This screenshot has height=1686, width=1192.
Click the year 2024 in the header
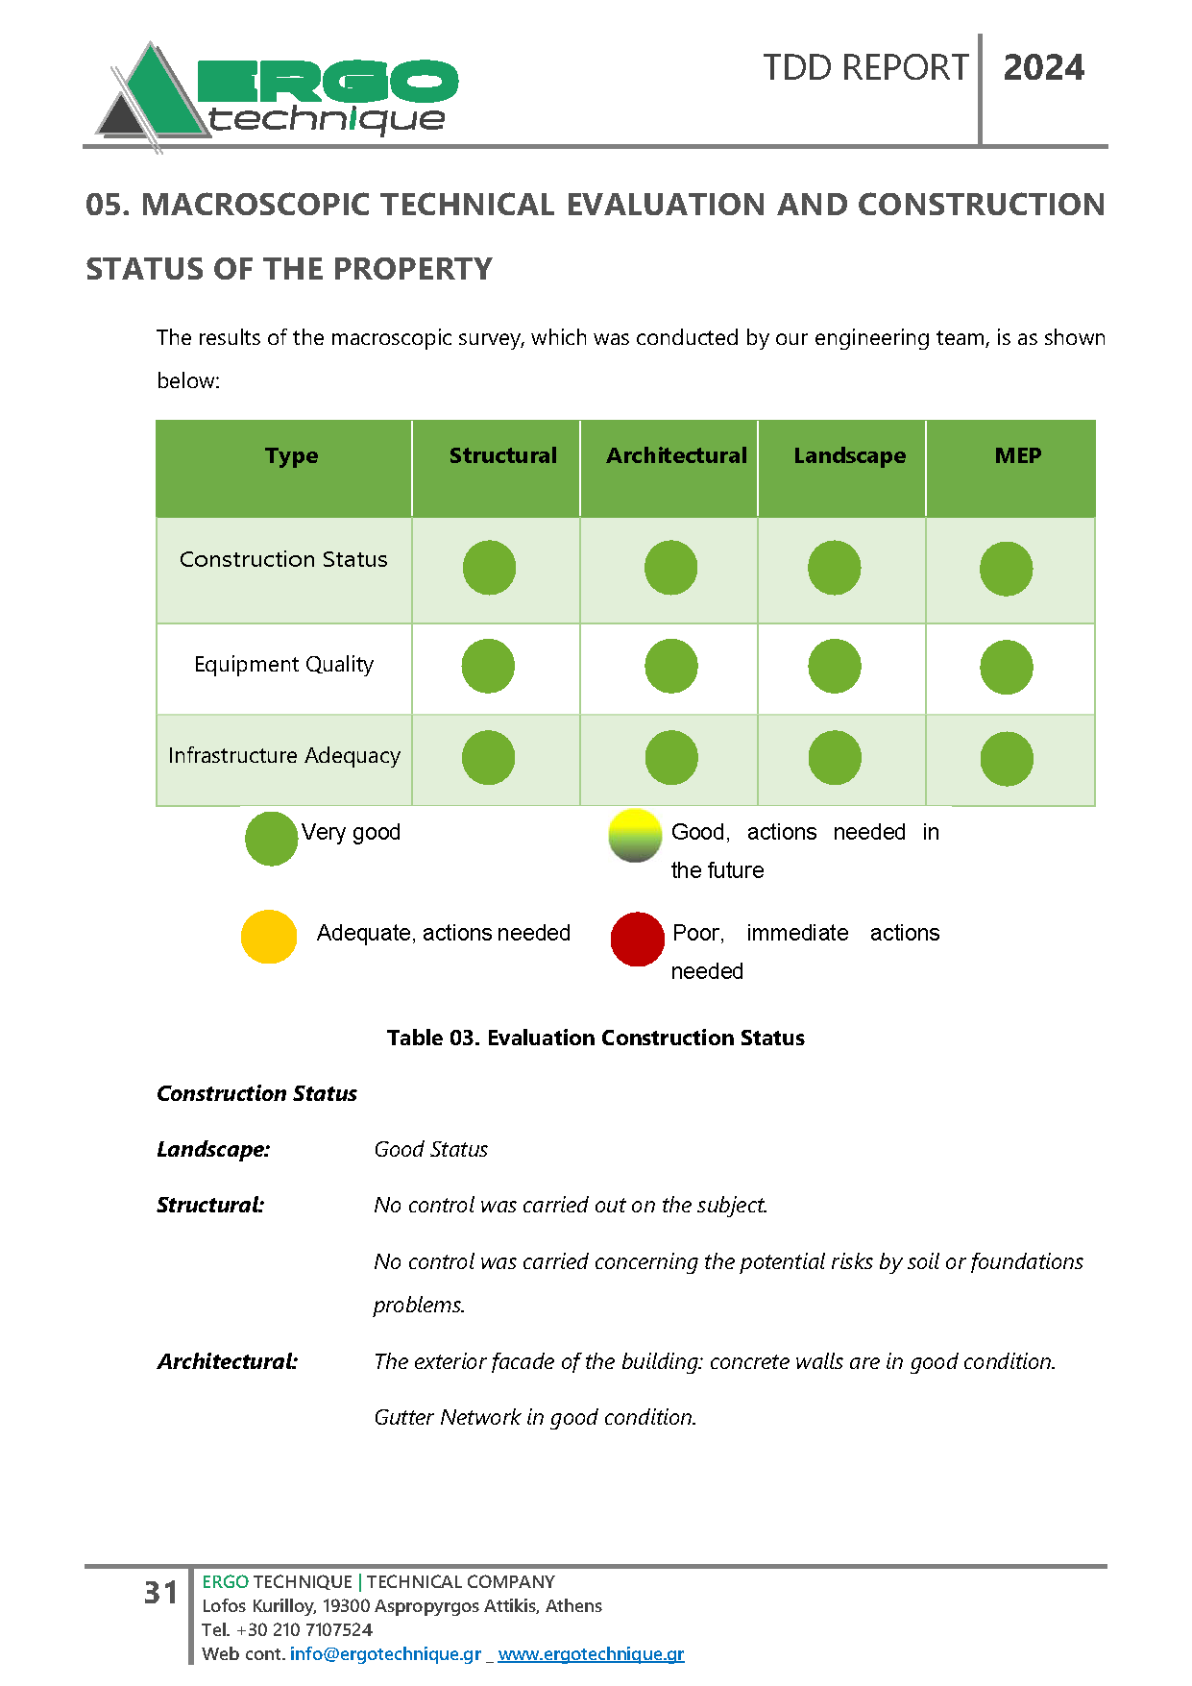pos(1043,68)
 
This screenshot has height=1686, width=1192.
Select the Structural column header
pos(502,455)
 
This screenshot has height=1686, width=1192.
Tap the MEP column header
pos(1017,455)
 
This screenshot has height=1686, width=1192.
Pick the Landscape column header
pos(849,455)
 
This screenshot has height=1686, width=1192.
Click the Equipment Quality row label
pos(283,665)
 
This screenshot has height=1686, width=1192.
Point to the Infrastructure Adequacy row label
pos(283,756)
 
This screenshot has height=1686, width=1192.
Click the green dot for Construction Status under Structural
pos(489,568)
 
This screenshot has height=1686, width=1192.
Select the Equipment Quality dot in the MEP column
pos(1006,668)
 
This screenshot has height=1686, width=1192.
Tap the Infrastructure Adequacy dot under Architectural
pos(670,758)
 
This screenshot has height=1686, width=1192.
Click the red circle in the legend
pos(637,939)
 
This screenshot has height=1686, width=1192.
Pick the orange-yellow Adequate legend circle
pos(269,937)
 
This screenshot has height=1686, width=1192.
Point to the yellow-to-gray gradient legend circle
pos(635,836)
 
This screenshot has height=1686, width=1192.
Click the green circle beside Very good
pos(271,839)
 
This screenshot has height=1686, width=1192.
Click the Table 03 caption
pos(596,1038)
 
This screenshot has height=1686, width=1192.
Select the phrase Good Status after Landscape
pos(430,1149)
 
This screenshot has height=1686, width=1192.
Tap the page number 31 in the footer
pos(160,1593)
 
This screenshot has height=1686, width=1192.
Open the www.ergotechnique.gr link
pos(591,1653)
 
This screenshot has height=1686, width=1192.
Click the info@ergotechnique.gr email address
pos(385,1653)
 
